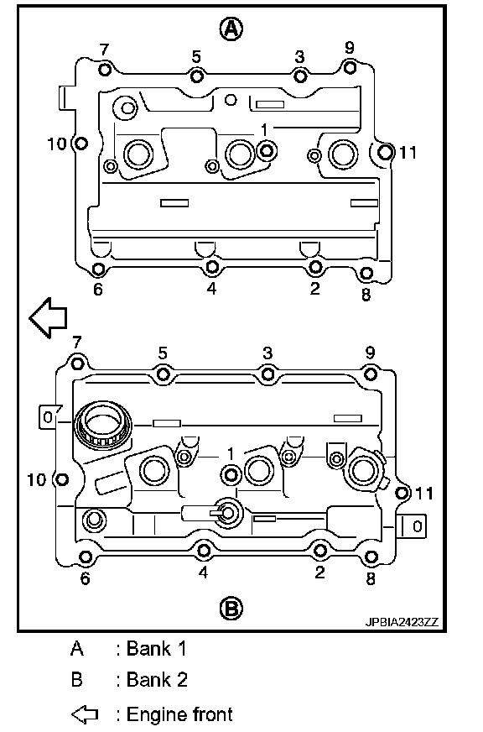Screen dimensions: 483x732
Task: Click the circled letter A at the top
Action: [231, 29]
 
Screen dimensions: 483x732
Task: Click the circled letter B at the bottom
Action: [231, 609]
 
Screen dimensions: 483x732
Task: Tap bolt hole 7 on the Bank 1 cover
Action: [106, 70]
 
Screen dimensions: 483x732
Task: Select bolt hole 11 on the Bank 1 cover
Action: [385, 152]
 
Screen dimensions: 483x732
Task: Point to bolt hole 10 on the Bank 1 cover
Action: [80, 143]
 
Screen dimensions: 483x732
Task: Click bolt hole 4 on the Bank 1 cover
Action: [212, 267]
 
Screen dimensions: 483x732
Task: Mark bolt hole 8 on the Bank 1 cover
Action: [367, 273]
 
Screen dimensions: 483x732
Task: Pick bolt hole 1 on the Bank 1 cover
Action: [267, 151]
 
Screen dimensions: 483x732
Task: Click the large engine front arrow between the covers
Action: [48, 317]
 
